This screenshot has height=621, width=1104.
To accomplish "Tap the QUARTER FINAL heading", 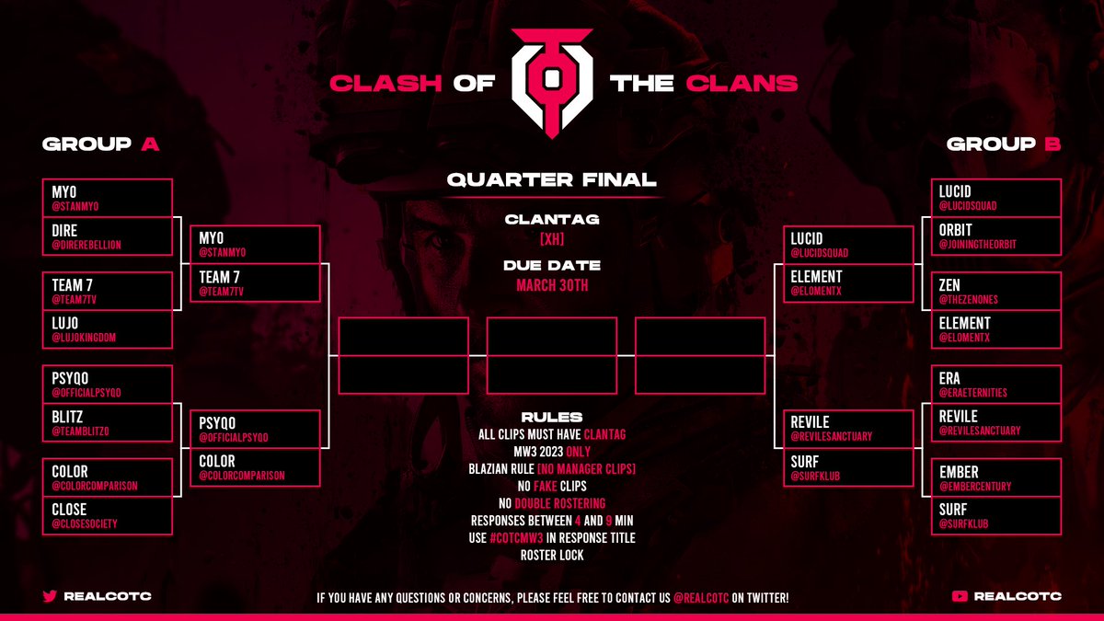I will point(552,179).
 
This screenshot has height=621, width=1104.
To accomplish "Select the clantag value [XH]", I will point(552,239).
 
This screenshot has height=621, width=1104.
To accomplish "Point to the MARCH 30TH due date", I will point(552,285).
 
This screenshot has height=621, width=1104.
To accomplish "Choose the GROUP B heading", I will point(1004,144).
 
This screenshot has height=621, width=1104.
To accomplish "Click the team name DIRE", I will point(64,229).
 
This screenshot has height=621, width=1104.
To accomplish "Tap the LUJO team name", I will point(65,322).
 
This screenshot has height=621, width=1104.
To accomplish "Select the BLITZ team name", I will point(68,416).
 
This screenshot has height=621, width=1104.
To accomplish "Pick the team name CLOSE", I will point(70,509).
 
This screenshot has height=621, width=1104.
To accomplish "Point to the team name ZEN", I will point(949,285).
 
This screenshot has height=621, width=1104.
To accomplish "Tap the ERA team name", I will point(949,378).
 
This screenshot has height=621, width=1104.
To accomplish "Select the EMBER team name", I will point(959,472).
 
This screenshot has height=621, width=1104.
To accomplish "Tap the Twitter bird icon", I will point(50,596).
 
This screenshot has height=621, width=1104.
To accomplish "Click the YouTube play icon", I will point(961,596).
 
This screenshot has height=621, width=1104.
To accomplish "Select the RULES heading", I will point(552,417).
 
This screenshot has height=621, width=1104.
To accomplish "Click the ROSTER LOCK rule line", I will point(552,555).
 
